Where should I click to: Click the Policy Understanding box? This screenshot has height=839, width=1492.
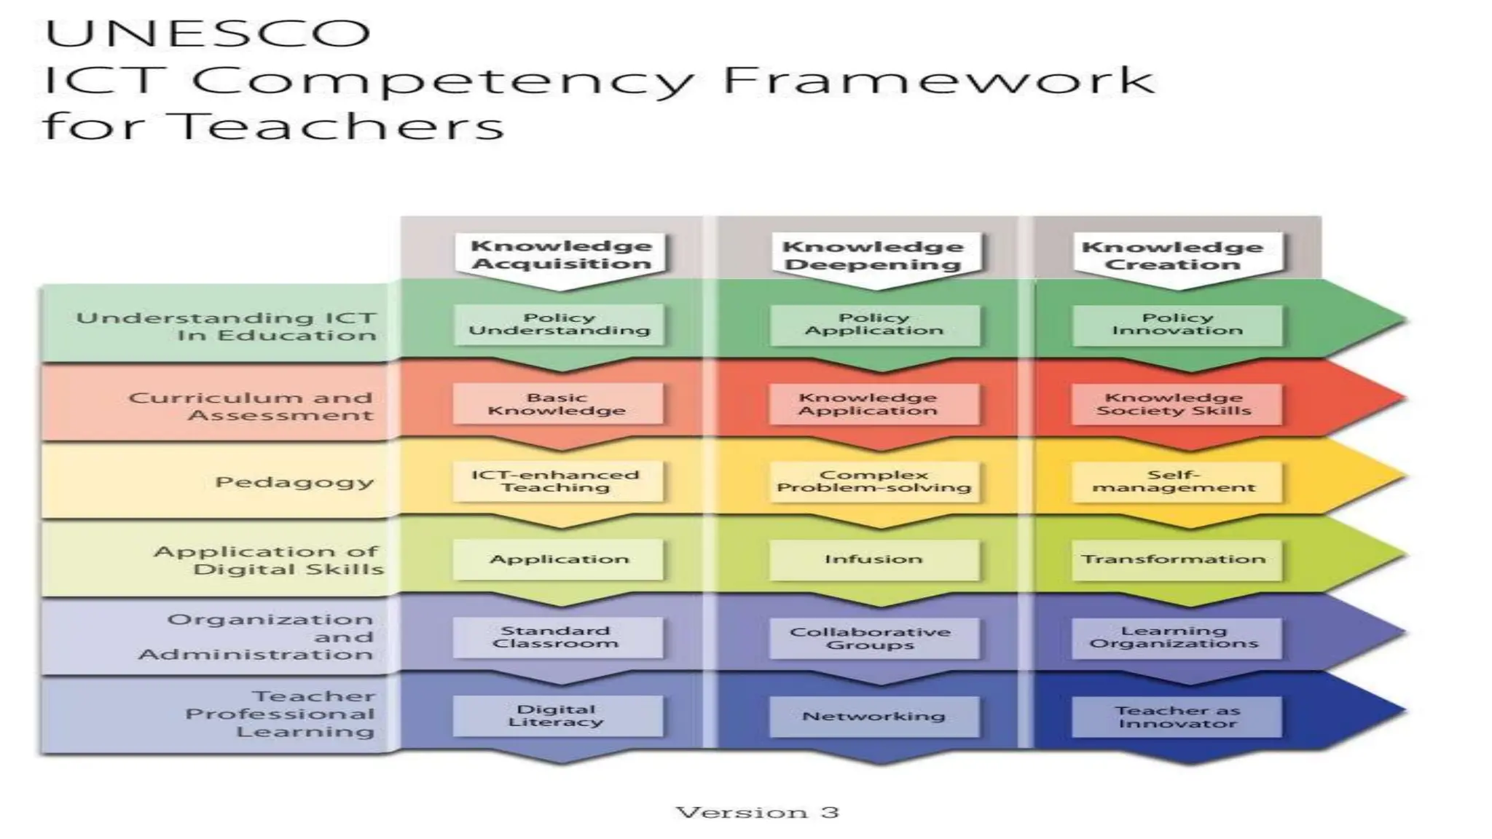coord(559,324)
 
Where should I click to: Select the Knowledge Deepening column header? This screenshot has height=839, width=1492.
coord(873,255)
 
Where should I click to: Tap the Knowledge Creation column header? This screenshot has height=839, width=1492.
coord(1172,255)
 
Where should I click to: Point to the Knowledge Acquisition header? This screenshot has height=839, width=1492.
coord(560,254)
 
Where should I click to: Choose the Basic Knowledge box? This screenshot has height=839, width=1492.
coord(557,403)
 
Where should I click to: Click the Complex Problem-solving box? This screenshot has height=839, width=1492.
coord(873,481)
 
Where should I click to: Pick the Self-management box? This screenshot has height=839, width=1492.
coord(1175,481)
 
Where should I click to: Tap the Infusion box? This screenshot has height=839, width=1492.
coord(873,559)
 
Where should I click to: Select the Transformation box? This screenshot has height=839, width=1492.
coord(1175,559)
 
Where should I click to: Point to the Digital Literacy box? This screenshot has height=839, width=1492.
coord(557,715)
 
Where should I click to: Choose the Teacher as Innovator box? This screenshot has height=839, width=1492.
coord(1177,716)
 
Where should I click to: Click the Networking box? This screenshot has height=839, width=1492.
coord(873,716)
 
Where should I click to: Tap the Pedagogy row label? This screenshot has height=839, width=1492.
coord(294,482)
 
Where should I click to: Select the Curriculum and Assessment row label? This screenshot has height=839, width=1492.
coord(251,406)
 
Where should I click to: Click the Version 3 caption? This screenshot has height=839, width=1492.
coord(757,812)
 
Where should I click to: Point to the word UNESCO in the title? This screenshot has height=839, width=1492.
coord(208,34)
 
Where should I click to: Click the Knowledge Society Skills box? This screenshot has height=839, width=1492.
coord(1175,403)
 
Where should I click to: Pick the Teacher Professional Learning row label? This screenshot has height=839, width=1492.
coord(280,714)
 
